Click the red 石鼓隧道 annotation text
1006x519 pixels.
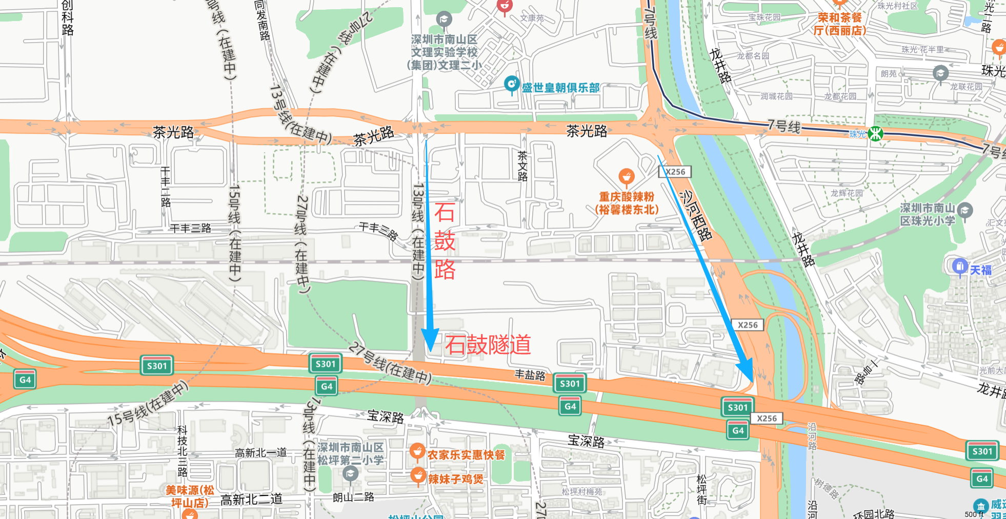coord(488,345)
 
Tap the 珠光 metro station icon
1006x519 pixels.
coord(876,134)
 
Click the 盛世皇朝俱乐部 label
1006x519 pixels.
coord(560,88)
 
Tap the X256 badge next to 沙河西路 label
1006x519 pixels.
coord(675,172)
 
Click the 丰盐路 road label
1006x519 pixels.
coord(530,375)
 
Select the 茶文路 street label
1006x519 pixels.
coord(522,165)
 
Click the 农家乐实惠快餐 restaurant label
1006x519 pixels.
coord(466,455)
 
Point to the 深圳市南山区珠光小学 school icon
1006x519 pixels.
coord(965,211)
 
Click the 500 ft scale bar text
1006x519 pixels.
coord(974,514)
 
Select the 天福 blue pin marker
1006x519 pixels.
coord(959,266)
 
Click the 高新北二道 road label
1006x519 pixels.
coord(251,500)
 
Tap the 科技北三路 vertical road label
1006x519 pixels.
coord(182,451)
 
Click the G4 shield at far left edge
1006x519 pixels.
coord(25,380)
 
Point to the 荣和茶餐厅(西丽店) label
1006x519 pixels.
coord(839,24)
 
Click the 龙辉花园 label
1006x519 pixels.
coord(847,193)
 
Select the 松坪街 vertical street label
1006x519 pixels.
coord(701,489)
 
